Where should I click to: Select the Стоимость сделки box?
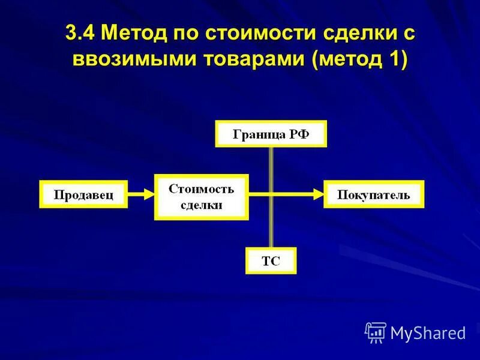(201, 197)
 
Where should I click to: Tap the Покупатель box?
(373, 194)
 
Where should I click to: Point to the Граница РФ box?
(271, 134)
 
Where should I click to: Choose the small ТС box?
(271, 260)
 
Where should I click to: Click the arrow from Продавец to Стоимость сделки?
(140, 194)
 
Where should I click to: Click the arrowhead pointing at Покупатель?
(319, 194)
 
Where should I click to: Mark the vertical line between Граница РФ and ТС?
(271, 228)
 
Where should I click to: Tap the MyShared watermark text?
(428, 332)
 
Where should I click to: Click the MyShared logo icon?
(376, 332)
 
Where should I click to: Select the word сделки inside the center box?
(201, 205)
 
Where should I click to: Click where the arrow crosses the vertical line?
(271, 194)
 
